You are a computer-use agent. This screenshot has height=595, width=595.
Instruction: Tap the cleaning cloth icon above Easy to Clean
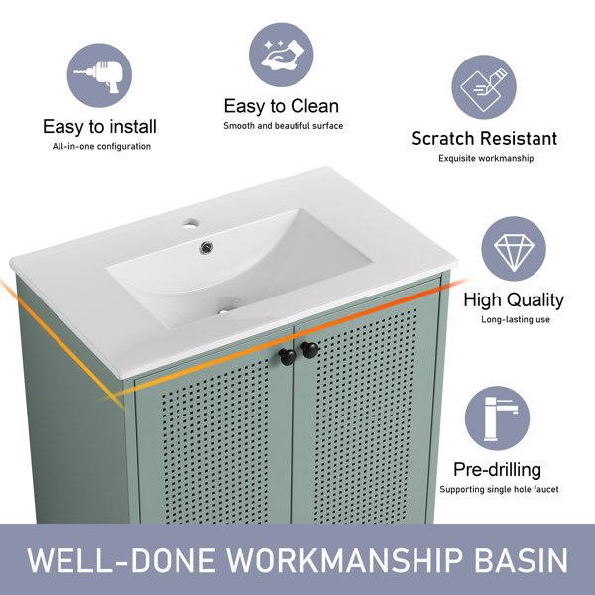(x=282, y=55)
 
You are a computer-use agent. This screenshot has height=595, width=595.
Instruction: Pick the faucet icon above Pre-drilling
(x=497, y=418)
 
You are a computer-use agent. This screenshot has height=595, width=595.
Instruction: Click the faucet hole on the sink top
(x=190, y=224)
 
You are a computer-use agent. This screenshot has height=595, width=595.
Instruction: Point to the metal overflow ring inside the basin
(x=206, y=247)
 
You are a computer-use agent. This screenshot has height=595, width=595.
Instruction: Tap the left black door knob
(x=288, y=357)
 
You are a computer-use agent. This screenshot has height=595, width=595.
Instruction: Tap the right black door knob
(x=310, y=350)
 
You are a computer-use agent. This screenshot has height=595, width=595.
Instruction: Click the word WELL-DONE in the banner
(x=121, y=560)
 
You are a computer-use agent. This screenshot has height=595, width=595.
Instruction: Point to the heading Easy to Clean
(x=282, y=106)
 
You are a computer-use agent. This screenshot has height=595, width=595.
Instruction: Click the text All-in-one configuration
(x=101, y=146)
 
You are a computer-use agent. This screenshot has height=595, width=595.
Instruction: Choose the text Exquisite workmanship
(x=486, y=158)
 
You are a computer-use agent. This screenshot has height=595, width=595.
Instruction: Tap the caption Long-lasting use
(x=516, y=319)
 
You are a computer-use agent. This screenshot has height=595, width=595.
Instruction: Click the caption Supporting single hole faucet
(x=499, y=489)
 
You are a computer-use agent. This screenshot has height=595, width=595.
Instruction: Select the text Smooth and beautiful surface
(x=283, y=126)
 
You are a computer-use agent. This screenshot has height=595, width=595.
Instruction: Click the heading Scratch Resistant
(x=484, y=138)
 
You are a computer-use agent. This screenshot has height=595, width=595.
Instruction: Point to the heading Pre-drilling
(x=498, y=470)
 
